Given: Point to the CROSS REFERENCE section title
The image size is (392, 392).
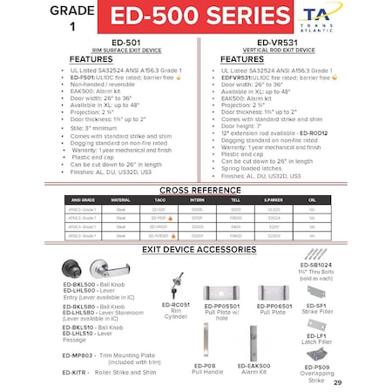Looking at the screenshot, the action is click(x=196, y=189).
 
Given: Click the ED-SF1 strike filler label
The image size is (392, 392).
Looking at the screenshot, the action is click(x=315, y=307).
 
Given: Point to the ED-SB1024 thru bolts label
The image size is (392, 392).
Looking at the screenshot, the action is click(x=316, y=264).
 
